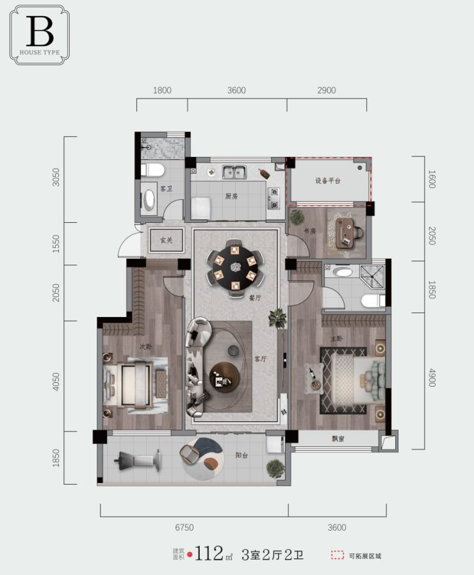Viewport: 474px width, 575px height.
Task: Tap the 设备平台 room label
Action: (328, 181)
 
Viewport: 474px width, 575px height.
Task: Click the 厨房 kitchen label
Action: (231, 197)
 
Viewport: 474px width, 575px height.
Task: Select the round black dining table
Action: (235, 268)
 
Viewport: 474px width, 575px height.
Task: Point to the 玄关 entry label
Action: (166, 240)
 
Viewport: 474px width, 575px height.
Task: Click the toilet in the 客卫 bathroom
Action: (152, 170)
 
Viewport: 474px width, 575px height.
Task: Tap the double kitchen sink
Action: (234, 172)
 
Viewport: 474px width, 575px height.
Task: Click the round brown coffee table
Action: (224, 377)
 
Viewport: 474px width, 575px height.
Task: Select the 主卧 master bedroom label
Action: (336, 339)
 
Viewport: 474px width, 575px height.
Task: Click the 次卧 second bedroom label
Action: (145, 346)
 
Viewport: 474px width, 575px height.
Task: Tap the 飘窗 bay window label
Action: (338, 438)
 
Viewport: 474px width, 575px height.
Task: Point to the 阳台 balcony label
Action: (241, 455)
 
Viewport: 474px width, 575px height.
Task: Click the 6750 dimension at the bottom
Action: (184, 528)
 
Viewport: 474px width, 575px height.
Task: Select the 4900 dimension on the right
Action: (432, 378)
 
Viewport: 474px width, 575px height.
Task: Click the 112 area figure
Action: (209, 553)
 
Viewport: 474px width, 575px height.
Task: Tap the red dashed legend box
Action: (337, 555)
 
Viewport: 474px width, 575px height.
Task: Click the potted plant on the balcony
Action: (275, 469)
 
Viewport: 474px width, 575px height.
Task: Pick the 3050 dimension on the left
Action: (56, 177)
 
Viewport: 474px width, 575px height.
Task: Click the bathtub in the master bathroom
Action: (343, 272)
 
